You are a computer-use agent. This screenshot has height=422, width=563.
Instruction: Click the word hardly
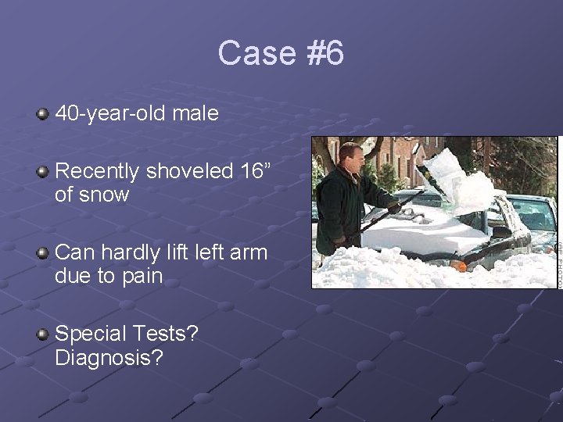pyautogui.click(x=132, y=253)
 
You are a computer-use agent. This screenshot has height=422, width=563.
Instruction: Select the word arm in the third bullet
pyautogui.click(x=250, y=253)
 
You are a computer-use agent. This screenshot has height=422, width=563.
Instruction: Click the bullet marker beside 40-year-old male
pyautogui.click(x=42, y=115)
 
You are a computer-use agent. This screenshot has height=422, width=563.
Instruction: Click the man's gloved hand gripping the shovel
pyautogui.click(x=394, y=208)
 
